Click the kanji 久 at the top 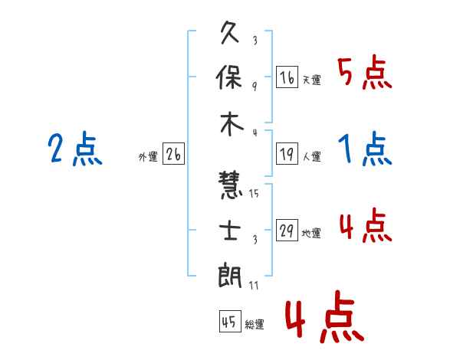point(230,32)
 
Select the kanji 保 point(229,77)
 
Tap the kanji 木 point(232,124)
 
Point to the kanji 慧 point(230,185)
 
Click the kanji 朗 point(230,275)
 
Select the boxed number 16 point(287,77)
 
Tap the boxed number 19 point(287,154)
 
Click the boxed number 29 point(287,230)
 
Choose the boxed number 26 point(173,154)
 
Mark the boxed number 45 point(230,321)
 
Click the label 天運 point(312,80)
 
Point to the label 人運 point(312,156)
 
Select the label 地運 point(311,234)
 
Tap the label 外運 point(148,157)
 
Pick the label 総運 point(255,325)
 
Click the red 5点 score point(365,73)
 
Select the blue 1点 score point(365,149)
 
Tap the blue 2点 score point(75,149)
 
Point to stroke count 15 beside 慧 point(254,193)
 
